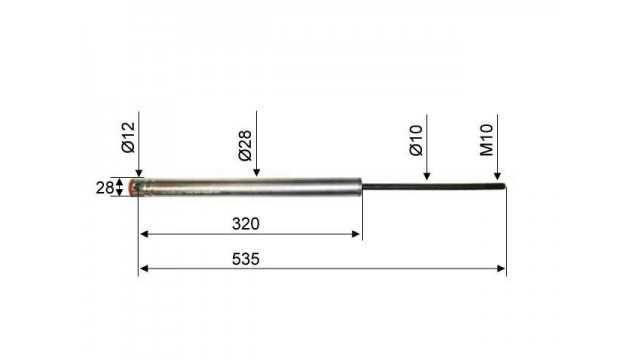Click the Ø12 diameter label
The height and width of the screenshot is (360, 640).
click(x=128, y=138)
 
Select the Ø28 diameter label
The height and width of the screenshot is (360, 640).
click(x=245, y=146)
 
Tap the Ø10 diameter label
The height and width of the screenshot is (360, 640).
click(x=416, y=140)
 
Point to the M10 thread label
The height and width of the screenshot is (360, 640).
click(x=487, y=140)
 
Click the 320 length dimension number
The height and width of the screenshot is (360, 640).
click(x=246, y=224)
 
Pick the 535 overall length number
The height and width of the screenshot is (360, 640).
click(x=246, y=259)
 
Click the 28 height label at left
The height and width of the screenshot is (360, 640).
click(x=104, y=188)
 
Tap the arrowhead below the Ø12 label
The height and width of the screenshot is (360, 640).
click(x=139, y=173)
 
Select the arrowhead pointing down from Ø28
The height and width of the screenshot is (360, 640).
click(x=256, y=172)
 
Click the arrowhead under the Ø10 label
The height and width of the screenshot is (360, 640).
click(x=427, y=176)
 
